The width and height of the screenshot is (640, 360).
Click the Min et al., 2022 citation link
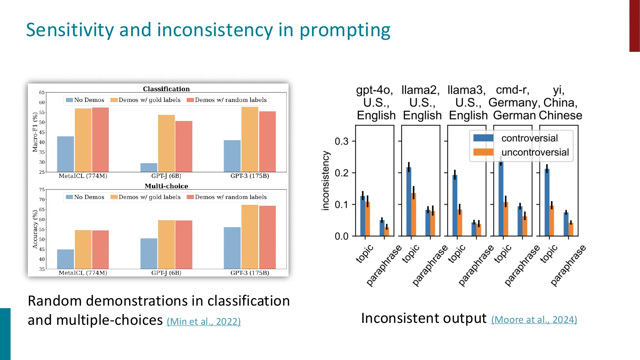(204, 321)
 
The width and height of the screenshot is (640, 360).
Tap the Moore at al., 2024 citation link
(534, 319)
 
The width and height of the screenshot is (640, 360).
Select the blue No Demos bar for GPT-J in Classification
(149, 167)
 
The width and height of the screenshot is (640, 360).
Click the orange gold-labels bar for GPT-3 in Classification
(250, 139)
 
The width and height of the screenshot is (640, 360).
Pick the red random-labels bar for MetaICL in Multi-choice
(100, 249)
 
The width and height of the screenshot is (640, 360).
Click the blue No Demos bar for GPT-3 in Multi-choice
(232, 248)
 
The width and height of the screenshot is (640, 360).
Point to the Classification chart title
(166, 89)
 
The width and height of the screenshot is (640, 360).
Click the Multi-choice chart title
(166, 186)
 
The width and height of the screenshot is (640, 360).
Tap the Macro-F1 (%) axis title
(35, 132)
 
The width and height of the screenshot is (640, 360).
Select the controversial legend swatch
(483, 138)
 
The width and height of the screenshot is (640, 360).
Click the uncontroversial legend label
(535, 152)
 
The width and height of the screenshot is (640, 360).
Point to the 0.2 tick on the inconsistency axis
(341, 173)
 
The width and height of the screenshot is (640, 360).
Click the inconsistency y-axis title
(325, 180)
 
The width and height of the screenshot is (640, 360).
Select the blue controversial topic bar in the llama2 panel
(409, 201)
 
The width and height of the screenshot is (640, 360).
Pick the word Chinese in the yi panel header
(560, 115)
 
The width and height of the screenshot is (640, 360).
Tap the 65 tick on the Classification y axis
(42, 92)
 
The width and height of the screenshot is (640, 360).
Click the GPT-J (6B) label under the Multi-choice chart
(166, 273)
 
